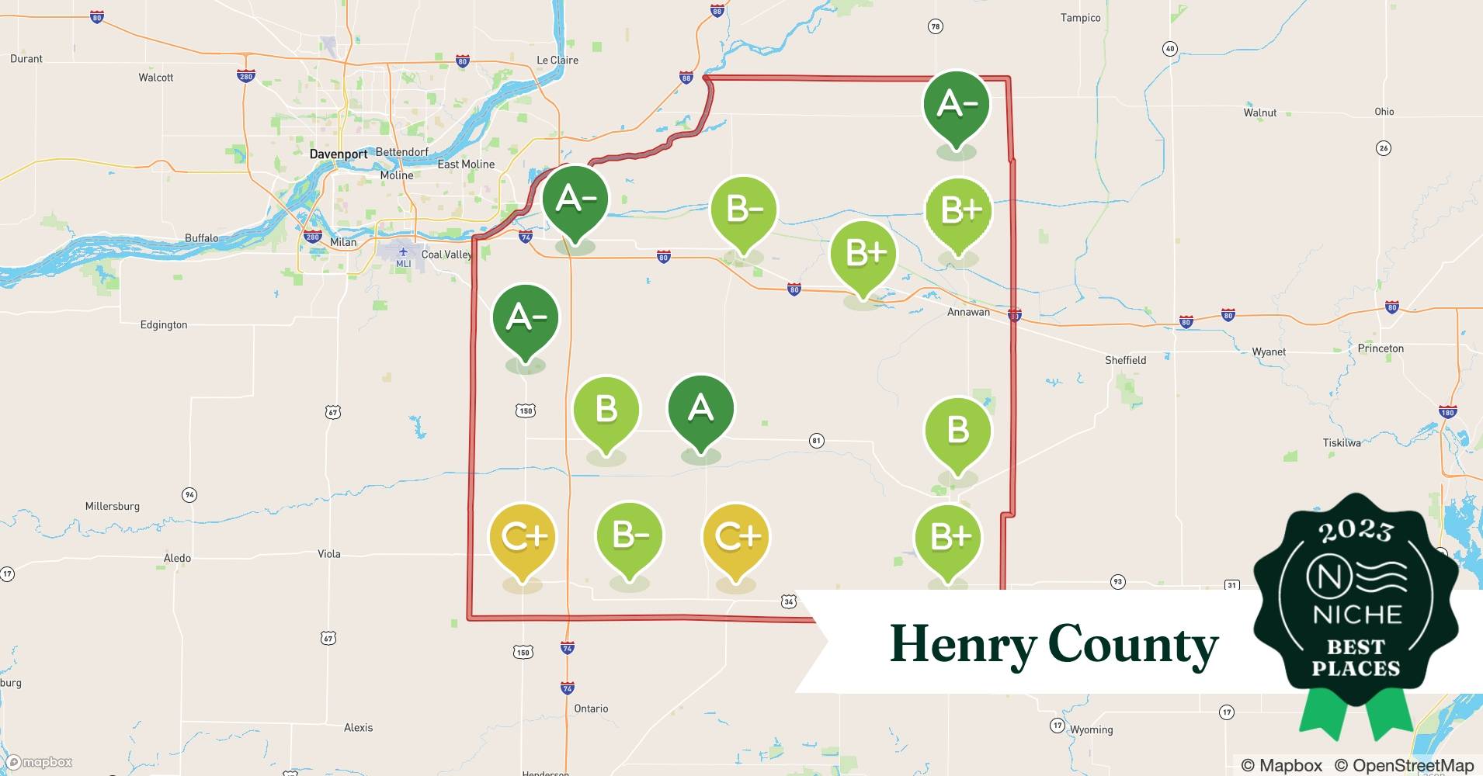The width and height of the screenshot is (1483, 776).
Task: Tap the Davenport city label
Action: (x=339, y=154)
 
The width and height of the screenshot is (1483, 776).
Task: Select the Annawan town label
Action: (x=968, y=312)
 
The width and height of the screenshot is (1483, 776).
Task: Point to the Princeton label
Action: (x=1381, y=348)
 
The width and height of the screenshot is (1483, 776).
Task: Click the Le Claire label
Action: (x=557, y=60)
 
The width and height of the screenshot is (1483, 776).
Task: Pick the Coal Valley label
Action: (x=446, y=255)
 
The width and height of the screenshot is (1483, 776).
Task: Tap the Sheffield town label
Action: (x=1125, y=360)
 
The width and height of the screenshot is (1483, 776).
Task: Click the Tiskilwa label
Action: (x=1342, y=442)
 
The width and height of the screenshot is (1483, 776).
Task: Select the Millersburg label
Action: (x=113, y=506)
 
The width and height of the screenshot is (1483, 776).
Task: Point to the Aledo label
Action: (x=177, y=558)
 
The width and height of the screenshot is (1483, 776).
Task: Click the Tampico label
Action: (x=1080, y=18)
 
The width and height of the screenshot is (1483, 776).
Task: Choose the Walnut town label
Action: (x=1259, y=113)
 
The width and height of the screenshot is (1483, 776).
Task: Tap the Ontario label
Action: (x=591, y=708)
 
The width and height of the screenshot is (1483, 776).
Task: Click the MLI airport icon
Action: (x=403, y=252)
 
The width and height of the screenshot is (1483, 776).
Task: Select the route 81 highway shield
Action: (x=816, y=441)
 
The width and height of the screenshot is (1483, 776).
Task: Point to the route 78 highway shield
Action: (x=936, y=26)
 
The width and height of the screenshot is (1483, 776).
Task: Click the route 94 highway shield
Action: (x=189, y=494)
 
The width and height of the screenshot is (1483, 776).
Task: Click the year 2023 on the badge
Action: (x=1355, y=531)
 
